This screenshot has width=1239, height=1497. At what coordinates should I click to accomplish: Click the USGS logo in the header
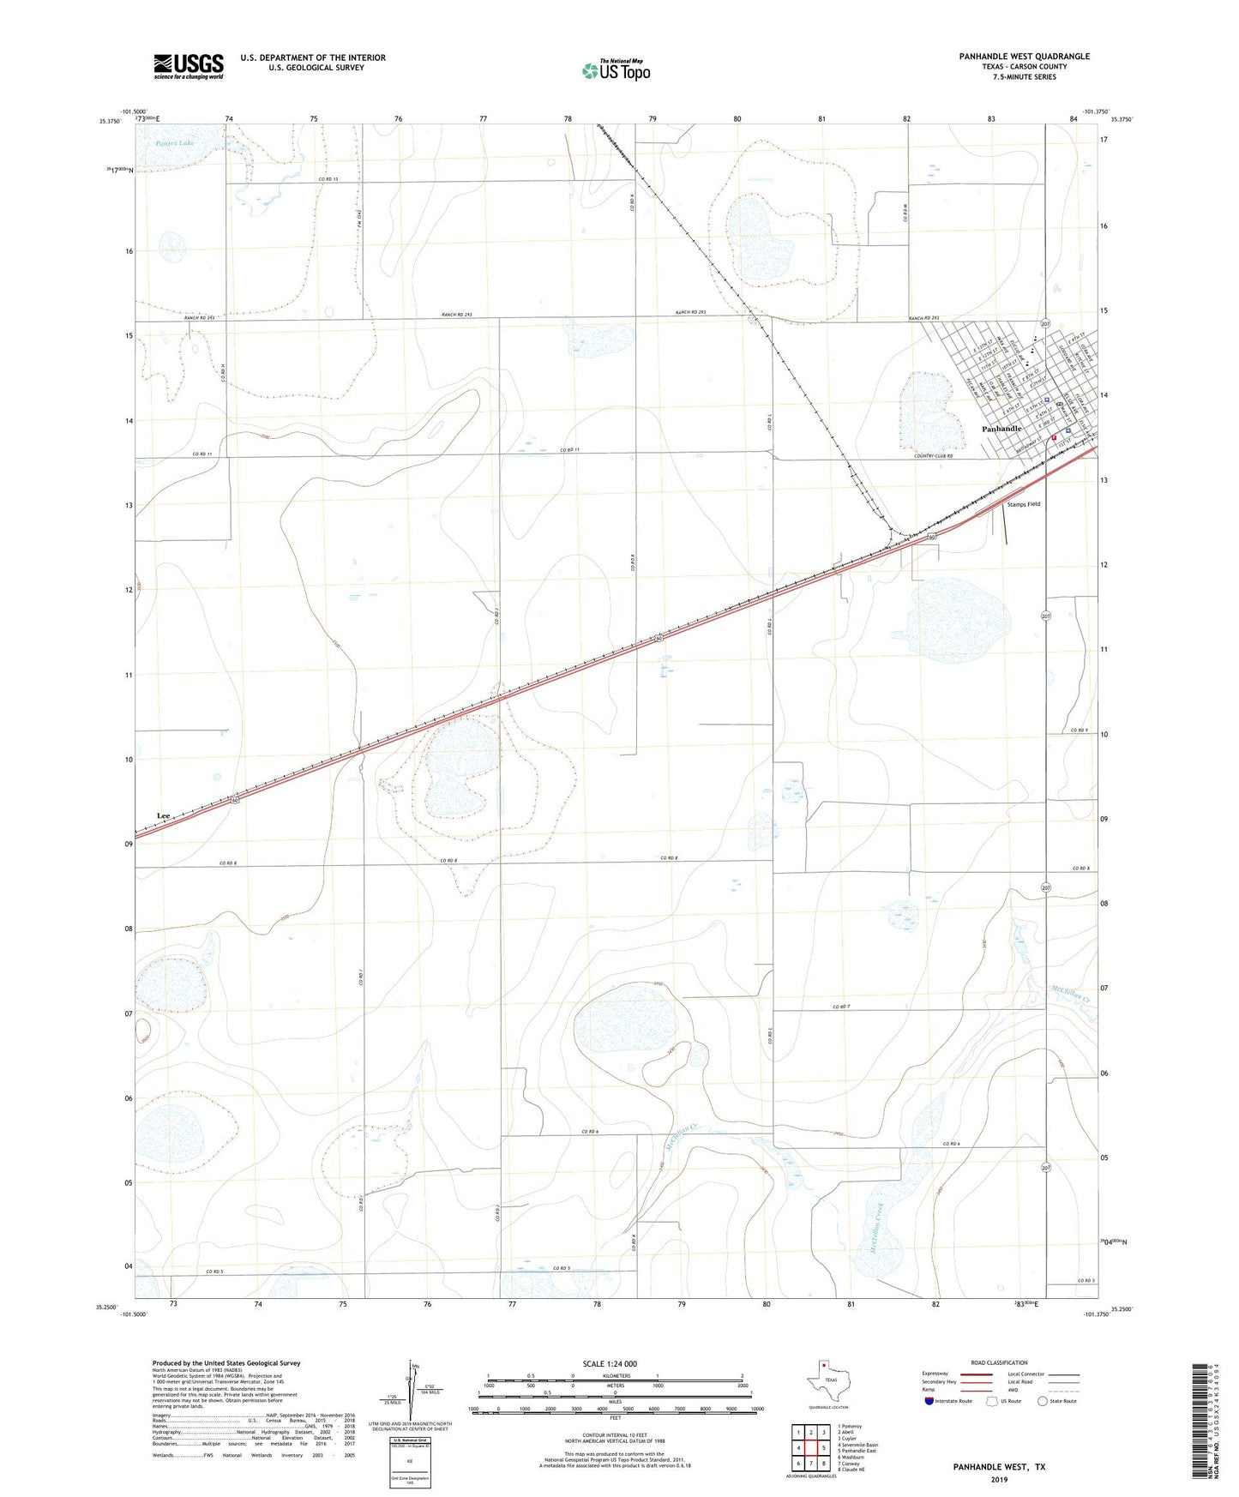[189, 65]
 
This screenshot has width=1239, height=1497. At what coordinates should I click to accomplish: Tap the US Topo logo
[615, 70]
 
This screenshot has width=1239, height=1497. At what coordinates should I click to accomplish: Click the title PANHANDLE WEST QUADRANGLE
[1024, 57]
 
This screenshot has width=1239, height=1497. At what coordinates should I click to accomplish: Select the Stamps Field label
[1023, 504]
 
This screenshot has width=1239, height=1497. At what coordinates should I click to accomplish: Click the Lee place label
[164, 815]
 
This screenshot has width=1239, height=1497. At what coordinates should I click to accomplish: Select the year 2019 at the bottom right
[999, 1480]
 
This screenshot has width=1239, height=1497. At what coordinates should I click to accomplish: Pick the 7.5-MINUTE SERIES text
[1024, 77]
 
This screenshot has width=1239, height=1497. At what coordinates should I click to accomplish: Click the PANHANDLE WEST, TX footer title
[999, 1467]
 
